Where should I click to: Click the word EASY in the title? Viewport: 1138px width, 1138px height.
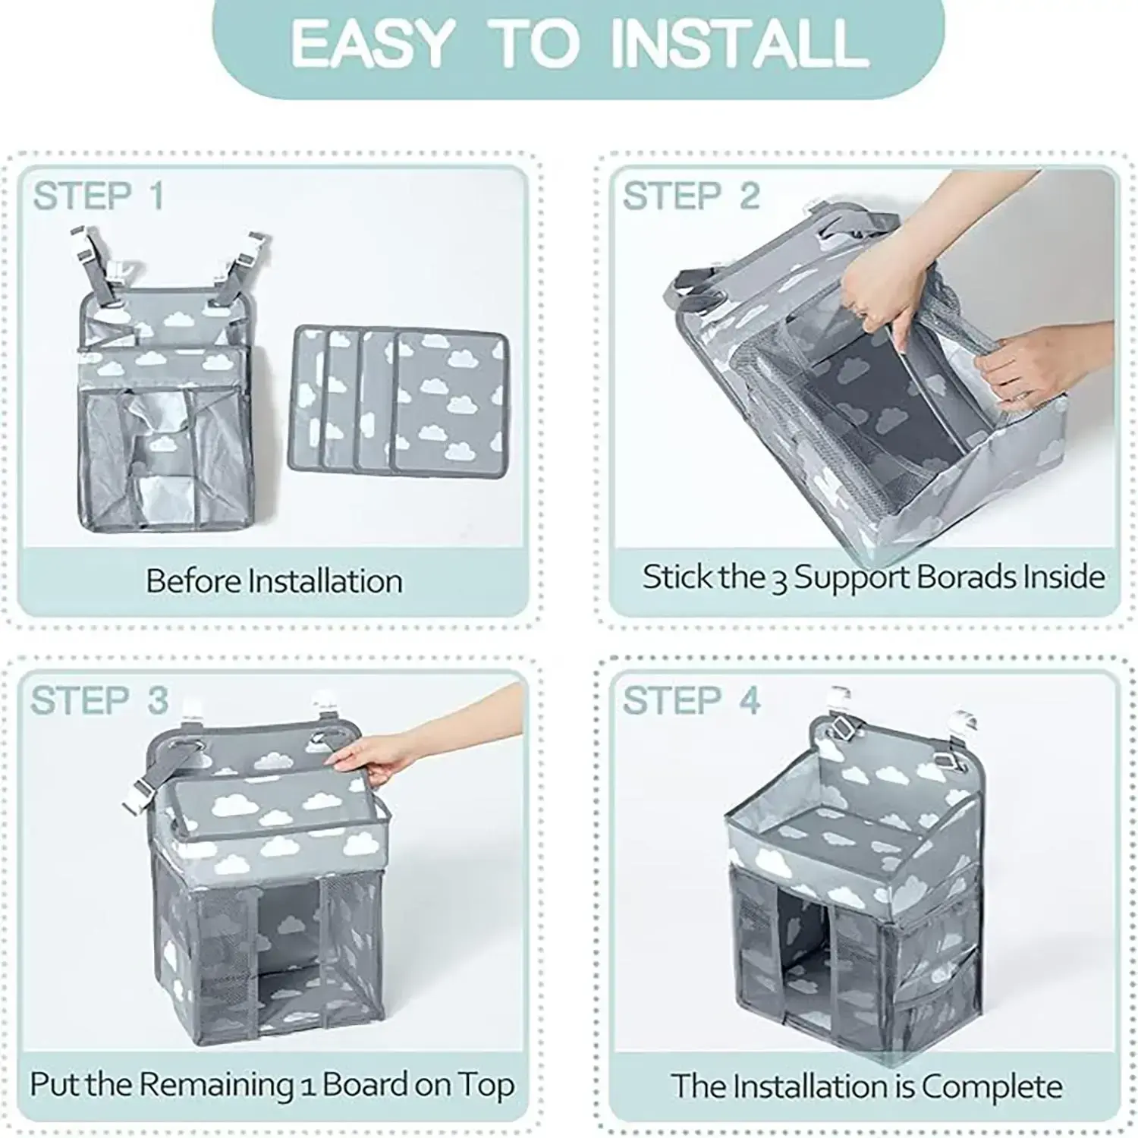tap(371, 43)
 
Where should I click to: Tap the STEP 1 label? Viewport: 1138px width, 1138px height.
tap(99, 196)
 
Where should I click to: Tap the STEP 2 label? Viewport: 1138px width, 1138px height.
tap(691, 196)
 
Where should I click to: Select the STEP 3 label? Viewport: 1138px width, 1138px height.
tap(99, 700)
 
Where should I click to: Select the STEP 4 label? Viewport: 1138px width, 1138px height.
tap(691, 700)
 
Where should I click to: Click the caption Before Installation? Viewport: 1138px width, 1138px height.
tap(274, 581)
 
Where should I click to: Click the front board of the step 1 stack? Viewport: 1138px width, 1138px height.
tap(451, 402)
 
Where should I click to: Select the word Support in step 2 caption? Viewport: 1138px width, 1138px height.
tap(850, 578)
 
